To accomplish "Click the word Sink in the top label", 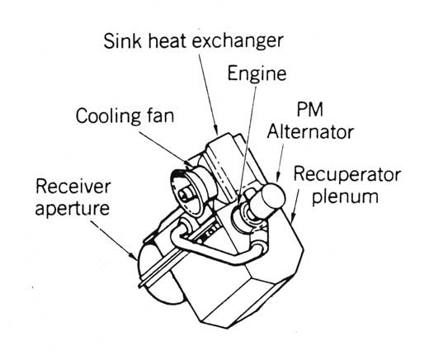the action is (x=123, y=41).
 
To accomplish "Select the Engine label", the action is (x=257, y=74).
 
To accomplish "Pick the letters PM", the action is (x=309, y=110).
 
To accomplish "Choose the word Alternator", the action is (x=310, y=132).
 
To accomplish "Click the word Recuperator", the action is (x=346, y=175).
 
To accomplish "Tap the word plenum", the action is (x=345, y=197).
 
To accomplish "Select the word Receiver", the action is (x=73, y=186).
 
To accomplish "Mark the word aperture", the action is (x=73, y=209).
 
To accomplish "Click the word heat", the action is (x=167, y=41).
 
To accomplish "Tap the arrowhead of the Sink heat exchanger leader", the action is (x=216, y=130).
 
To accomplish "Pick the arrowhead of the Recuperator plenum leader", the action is (x=292, y=218).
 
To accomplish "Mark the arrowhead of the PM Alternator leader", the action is (x=277, y=178).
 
